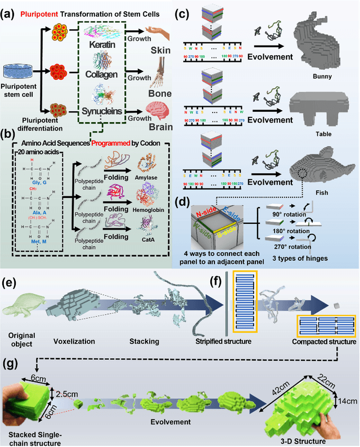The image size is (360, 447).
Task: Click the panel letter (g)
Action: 12,353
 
